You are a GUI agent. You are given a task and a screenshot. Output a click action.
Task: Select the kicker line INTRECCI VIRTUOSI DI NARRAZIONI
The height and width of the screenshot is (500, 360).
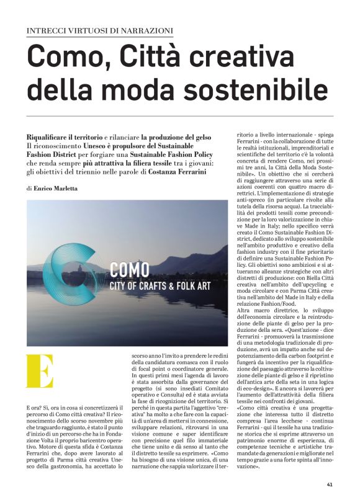100,30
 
